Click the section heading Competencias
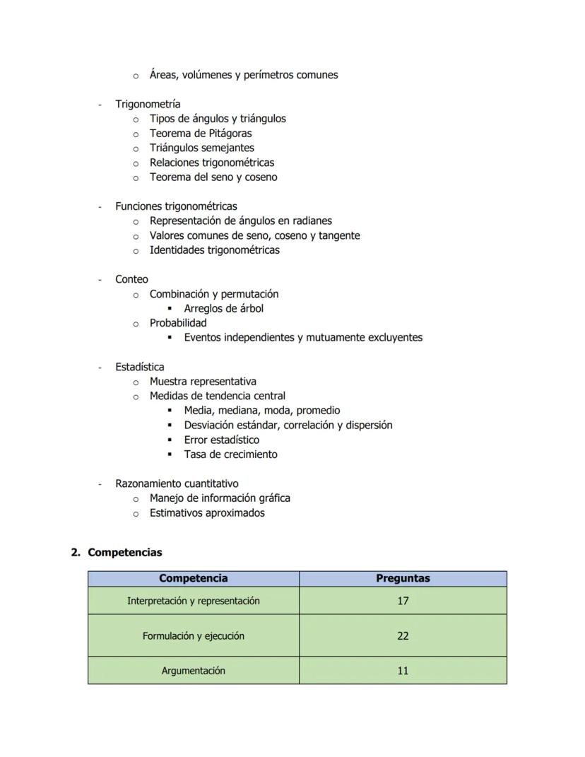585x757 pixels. [124, 553]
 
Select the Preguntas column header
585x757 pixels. [403, 578]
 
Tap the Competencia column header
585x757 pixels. [193, 578]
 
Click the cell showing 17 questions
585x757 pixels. [403, 601]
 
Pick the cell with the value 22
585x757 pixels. [403, 635]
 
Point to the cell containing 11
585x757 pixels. [403, 671]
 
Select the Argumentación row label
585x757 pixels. [193, 671]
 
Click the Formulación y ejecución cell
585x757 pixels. [193, 635]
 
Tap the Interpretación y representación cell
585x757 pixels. [193, 601]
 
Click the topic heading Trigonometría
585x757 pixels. [148, 104]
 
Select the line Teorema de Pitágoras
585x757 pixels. [200, 133]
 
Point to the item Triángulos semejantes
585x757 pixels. [201, 148]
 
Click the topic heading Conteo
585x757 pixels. [131, 279]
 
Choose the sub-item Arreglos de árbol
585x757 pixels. [223, 308]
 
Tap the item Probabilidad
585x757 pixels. [178, 323]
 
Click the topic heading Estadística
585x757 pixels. [139, 367]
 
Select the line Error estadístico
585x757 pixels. [221, 440]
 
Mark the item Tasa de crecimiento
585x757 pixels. [230, 454]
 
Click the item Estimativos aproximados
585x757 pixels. [207, 513]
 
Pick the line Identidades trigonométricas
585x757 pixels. [214, 250]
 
